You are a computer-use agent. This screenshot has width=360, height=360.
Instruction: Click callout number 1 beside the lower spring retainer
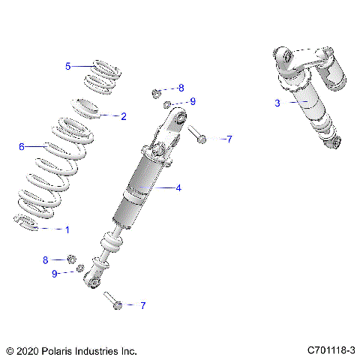[67, 229]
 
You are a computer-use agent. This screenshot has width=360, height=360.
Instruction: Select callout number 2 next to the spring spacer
[124, 116]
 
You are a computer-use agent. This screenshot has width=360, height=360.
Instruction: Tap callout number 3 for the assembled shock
[277, 103]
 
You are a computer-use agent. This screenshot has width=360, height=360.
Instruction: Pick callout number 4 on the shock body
[178, 188]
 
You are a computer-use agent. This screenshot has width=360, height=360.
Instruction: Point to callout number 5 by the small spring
[67, 66]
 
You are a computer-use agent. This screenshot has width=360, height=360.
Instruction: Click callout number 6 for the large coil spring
[22, 146]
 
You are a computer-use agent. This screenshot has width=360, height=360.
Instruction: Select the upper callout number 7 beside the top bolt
[229, 139]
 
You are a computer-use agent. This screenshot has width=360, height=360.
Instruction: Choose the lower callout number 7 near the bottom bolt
[142, 305]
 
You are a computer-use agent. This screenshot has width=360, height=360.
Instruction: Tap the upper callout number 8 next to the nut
[181, 88]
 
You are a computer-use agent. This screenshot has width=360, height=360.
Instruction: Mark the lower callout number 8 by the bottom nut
[45, 259]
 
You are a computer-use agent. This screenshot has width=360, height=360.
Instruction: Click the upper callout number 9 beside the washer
[192, 101]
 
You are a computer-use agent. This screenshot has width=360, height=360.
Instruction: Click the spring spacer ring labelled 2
[88, 106]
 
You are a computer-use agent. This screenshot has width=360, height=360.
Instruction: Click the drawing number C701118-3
[330, 350]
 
